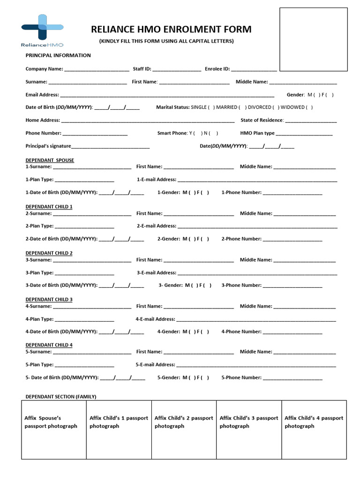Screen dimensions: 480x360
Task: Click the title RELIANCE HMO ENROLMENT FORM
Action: tap(171, 30)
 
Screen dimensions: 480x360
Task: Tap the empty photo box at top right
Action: tap(314, 39)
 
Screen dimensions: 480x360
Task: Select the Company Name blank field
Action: tap(97, 69)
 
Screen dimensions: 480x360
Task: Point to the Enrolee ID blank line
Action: tap(254, 69)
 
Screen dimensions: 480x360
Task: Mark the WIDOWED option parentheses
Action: tap(309, 107)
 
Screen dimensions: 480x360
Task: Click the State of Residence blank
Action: tap(311, 121)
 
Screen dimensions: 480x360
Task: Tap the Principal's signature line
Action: tap(111, 147)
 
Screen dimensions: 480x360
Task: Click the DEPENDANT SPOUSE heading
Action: tap(50, 160)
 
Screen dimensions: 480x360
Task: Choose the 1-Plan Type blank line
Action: tap(85, 180)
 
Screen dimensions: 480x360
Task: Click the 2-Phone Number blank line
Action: tap(292, 240)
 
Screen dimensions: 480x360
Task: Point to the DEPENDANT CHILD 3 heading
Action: tap(49, 300)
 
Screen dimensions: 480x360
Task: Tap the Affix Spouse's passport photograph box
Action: tap(54, 429)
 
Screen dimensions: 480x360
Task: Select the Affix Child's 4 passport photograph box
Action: tap(314, 429)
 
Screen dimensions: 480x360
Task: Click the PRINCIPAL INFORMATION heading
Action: tap(58, 55)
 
